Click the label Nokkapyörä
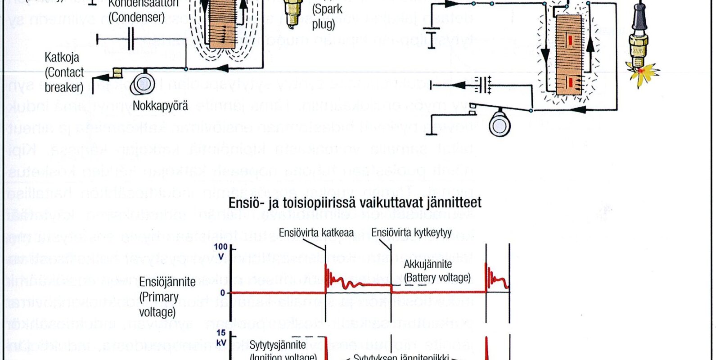160,106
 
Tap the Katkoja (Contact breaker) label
64,72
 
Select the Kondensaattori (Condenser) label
136,11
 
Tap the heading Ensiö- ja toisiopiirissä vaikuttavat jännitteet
355,202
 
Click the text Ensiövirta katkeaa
316,233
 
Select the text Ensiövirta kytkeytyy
411,233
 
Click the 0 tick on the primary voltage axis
223,293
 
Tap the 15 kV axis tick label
221,337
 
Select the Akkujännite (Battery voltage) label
437,271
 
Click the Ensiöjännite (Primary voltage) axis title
167,297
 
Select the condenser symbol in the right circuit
484,85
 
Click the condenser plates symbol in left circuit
130,40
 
